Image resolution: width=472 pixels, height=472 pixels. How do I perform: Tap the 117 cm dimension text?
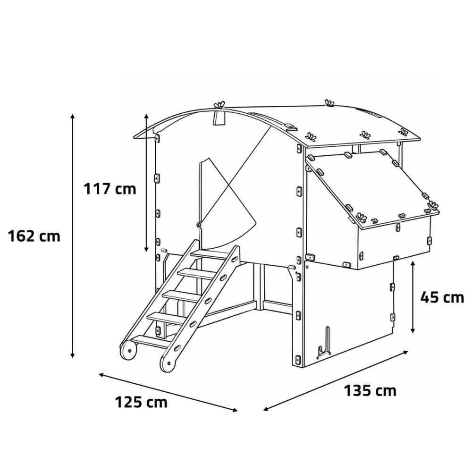[110, 189]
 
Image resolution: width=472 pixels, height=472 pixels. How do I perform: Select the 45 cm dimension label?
[442, 297]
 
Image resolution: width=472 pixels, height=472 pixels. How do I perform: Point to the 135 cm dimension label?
[370, 391]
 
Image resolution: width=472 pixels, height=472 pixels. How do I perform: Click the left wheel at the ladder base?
[128, 350]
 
